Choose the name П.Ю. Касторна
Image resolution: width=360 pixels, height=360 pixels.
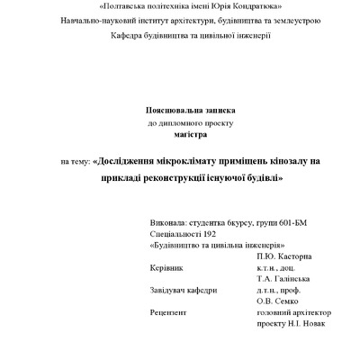(283, 256)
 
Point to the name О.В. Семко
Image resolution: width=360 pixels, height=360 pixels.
(278, 301)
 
